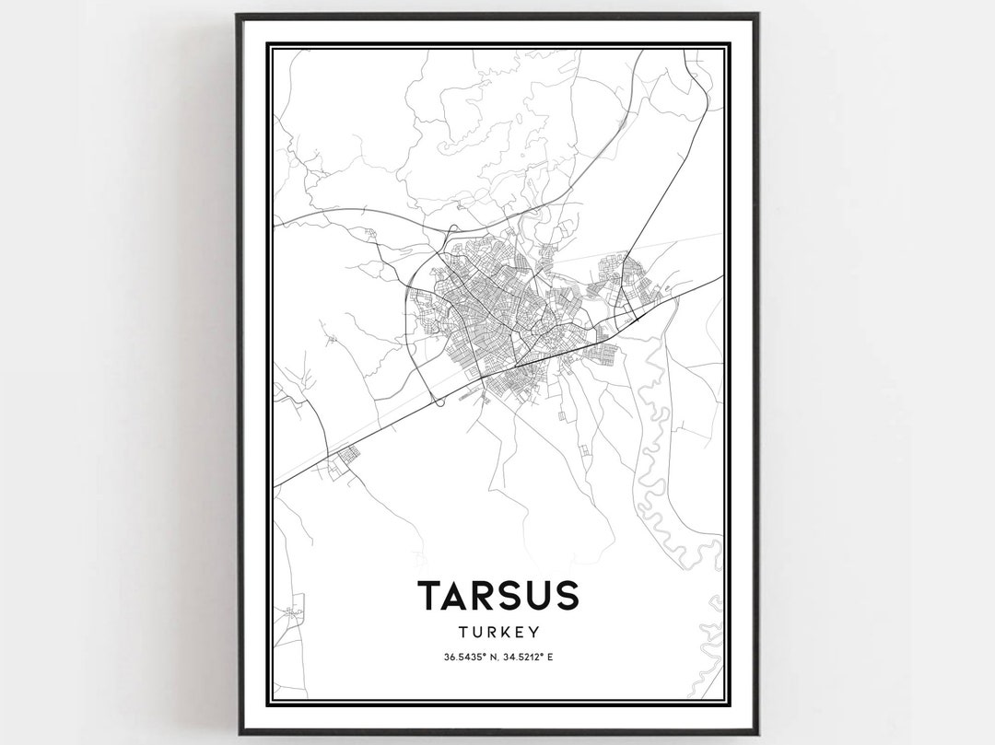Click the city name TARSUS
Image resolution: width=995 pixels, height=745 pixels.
click(497, 596)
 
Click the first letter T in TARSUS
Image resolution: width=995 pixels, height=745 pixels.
click(431, 596)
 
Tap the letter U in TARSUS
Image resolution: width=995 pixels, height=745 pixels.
click(539, 596)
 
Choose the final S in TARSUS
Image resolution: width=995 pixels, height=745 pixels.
click(566, 596)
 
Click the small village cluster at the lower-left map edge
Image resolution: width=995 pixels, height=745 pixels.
click(293, 611)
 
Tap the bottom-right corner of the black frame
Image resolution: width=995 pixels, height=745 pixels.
click(757, 732)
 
